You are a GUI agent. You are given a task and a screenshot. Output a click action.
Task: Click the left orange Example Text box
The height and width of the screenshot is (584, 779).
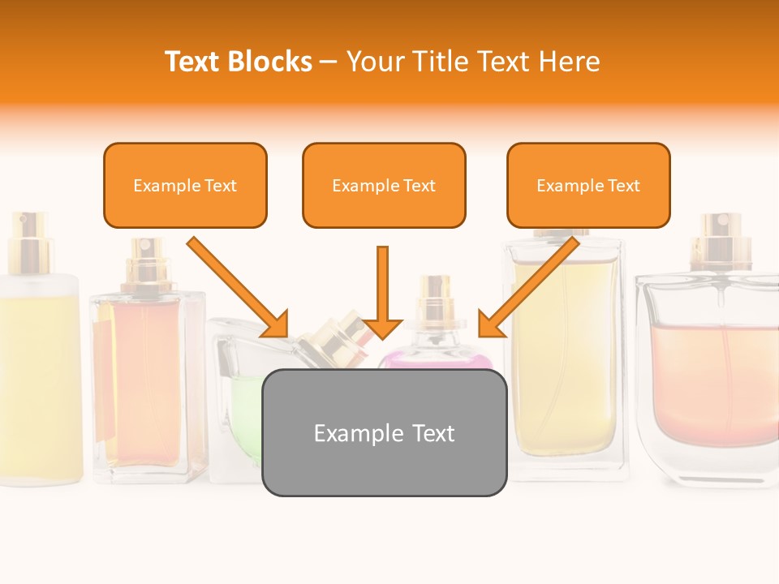pyautogui.click(x=185, y=185)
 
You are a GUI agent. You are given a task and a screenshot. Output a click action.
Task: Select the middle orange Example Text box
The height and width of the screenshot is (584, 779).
pyautogui.click(x=384, y=185)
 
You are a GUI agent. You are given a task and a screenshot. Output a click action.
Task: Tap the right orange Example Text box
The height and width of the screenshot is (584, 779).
pyautogui.click(x=588, y=185)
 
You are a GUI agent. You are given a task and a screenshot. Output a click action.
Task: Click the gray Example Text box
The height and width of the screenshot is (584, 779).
pyautogui.click(x=384, y=432)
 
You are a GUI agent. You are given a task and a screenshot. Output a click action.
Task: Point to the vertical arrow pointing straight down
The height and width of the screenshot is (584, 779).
pyautogui.click(x=382, y=292)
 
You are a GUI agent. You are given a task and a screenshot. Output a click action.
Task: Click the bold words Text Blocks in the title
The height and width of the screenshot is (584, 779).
pyautogui.click(x=239, y=61)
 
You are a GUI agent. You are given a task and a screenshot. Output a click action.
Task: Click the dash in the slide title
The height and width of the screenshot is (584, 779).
pyautogui.click(x=329, y=61)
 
